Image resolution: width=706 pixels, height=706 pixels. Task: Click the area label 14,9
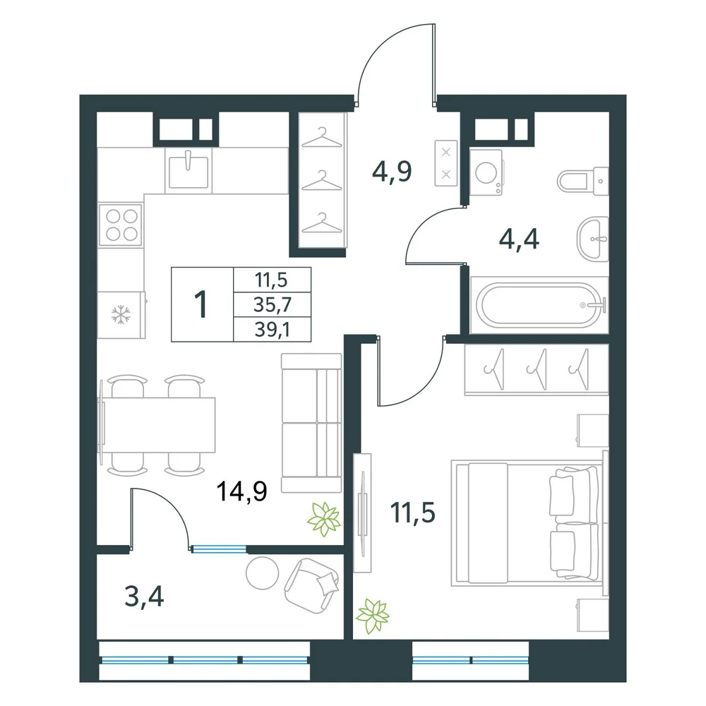241,491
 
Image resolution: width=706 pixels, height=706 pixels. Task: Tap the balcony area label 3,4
144,597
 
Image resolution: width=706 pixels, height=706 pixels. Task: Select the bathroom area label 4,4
519,239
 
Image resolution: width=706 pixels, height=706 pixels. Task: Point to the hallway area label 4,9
392,172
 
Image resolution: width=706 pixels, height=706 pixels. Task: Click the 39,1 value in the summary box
272,330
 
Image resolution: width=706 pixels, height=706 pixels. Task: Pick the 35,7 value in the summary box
273,305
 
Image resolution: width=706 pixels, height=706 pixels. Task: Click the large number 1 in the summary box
201,304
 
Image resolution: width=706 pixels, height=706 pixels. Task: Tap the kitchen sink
189,171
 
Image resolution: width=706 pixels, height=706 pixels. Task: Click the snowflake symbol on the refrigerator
121,315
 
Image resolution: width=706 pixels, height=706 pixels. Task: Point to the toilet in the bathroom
583,181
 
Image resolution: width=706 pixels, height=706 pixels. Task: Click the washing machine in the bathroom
486,172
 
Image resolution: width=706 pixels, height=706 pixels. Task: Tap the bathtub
539,305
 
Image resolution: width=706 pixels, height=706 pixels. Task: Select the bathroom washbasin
592,239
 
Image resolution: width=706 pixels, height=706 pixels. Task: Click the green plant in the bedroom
373,616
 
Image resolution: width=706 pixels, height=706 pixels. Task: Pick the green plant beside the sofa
323,519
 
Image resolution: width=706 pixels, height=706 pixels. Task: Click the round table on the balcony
263,573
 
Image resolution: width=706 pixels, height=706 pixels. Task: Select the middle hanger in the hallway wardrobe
321,181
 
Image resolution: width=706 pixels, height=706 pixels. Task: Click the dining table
158,425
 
